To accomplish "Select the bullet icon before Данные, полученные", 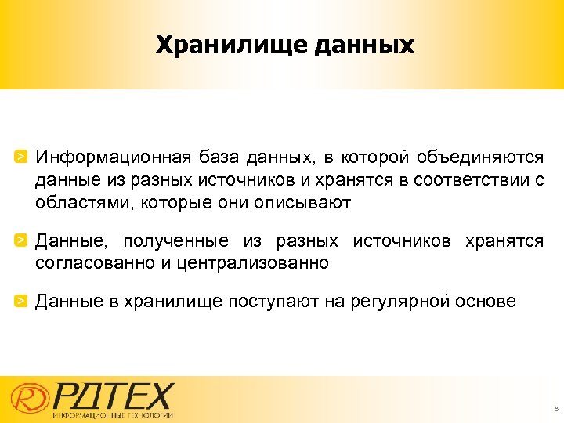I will pyautogui.click(x=23, y=240).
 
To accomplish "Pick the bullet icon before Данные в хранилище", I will pyautogui.click(x=23, y=300).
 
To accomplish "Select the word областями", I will pyautogui.click(x=76, y=203).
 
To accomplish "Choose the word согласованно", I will pyautogui.click(x=95, y=263).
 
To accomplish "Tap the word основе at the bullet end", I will pyautogui.click(x=489, y=301).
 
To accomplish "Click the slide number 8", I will pyautogui.click(x=555, y=409).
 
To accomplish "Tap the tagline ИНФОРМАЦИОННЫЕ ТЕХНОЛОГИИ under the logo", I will pyautogui.click(x=114, y=414).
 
